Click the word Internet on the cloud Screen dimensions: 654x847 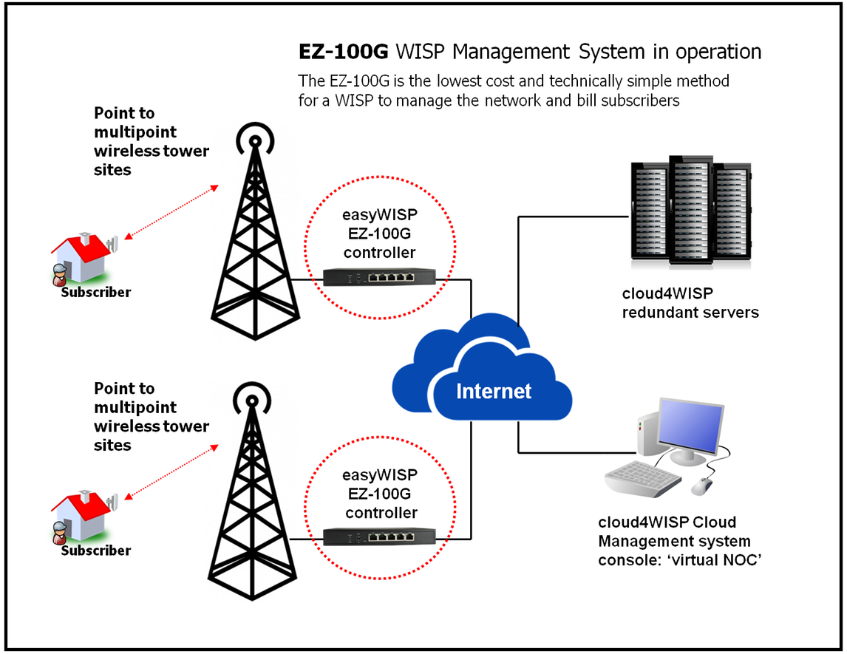pos(494,390)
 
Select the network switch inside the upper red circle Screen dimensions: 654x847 pos(380,277)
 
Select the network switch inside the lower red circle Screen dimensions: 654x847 pos(380,537)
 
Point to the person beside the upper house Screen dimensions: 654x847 pos(60,275)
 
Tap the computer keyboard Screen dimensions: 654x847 pos(642,480)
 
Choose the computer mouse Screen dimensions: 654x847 pos(701,486)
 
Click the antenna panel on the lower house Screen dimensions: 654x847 pos(114,502)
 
